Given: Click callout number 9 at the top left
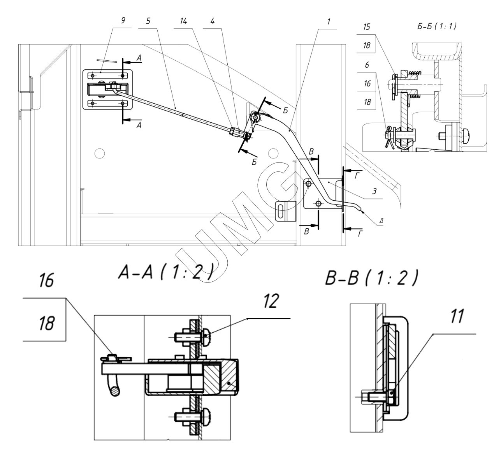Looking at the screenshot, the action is point(123,21).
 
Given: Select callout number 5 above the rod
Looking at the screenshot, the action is point(148,21).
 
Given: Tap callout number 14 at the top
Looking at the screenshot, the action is point(183,21).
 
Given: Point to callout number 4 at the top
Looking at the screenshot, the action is point(212,21).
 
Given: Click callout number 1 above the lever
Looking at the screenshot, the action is point(329,21).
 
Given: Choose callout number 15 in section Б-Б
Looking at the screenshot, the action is point(367,26).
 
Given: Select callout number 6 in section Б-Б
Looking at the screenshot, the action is point(367,65).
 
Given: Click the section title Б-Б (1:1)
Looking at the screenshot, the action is point(437,26).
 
